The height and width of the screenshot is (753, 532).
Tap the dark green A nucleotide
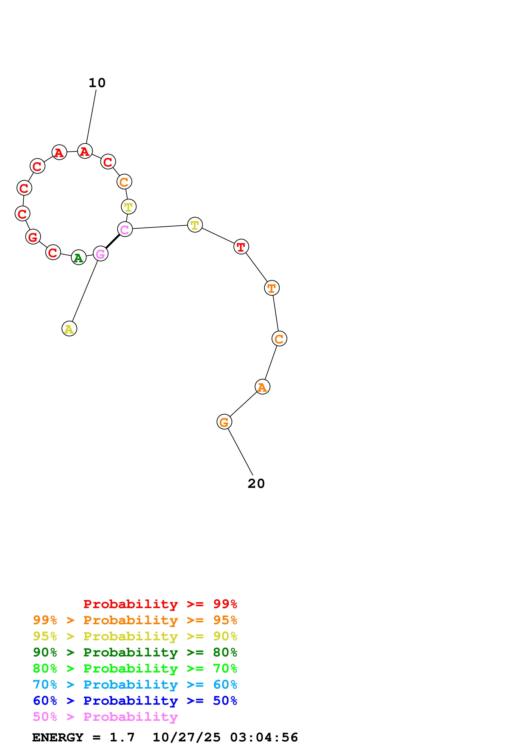pyautogui.click(x=79, y=257)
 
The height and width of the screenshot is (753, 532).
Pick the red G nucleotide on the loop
pyautogui.click(x=33, y=237)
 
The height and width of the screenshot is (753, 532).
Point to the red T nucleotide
pyautogui.click(x=241, y=247)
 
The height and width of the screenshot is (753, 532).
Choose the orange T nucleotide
pyautogui.click(x=272, y=288)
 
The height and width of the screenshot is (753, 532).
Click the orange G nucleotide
pyautogui.click(x=224, y=422)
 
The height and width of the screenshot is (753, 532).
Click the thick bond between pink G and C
pyautogui.click(x=113, y=241)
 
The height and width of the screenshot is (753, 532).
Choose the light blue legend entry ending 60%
pyautogui.click(x=135, y=685)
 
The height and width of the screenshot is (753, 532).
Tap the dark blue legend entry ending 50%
pyautogui.click(x=135, y=701)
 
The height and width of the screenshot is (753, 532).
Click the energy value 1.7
pyautogui.click(x=122, y=737)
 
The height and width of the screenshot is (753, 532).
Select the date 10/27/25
pyautogui.click(x=186, y=737)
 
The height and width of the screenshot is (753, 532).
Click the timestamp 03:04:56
pyautogui.click(x=264, y=737)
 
